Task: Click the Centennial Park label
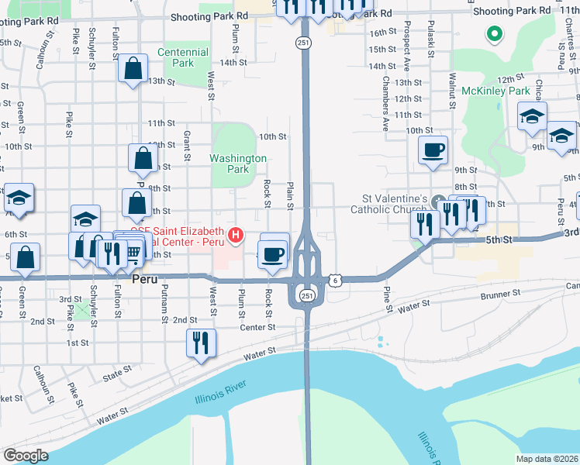pos(183,57)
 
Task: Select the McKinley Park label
pos(495,91)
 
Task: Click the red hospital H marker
pos(234,234)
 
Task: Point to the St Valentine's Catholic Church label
pos(388,204)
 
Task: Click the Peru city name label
pos(147,277)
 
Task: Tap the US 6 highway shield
pos(335,279)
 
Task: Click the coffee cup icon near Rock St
pos(272,254)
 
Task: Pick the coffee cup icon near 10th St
pos(433,149)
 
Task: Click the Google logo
pos(26,456)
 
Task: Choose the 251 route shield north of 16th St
pos(305,44)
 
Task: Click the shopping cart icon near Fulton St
pos(133,250)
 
